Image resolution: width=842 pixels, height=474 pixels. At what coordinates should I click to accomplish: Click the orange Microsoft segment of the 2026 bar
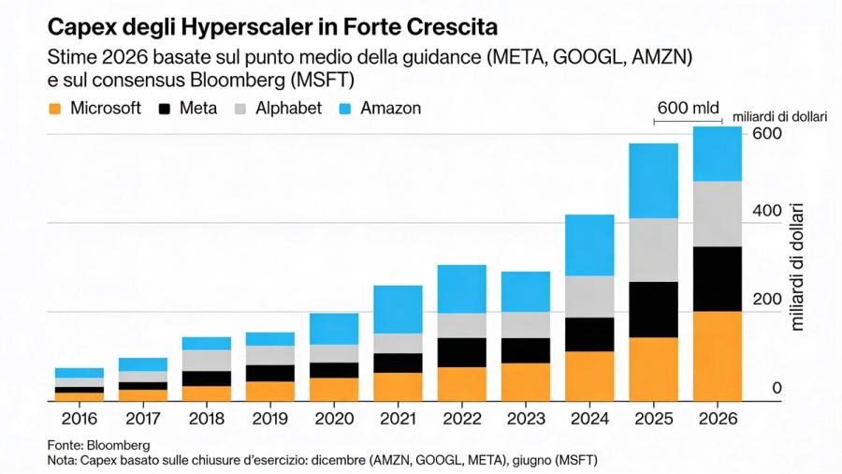(717, 356)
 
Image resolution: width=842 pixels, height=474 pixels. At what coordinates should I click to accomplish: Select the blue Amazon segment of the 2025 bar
(653, 181)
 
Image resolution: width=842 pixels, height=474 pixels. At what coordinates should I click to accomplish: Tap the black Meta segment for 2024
(589, 334)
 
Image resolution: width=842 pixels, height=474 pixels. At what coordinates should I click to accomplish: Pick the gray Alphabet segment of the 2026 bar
(717, 214)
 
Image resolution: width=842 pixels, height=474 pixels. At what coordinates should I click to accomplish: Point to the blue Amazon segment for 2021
(398, 309)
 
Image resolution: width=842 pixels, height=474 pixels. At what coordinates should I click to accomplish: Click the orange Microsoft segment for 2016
(80, 396)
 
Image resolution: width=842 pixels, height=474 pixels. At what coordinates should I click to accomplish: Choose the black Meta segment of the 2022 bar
(461, 352)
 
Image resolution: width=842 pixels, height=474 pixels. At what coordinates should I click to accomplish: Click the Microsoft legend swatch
(54, 109)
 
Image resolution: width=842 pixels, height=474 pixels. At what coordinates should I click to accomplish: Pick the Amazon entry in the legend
(391, 108)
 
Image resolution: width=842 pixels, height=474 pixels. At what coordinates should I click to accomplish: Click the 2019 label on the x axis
(270, 419)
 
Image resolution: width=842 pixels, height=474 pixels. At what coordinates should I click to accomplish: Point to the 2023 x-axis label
(525, 419)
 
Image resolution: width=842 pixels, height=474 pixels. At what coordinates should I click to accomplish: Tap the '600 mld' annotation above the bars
(688, 108)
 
